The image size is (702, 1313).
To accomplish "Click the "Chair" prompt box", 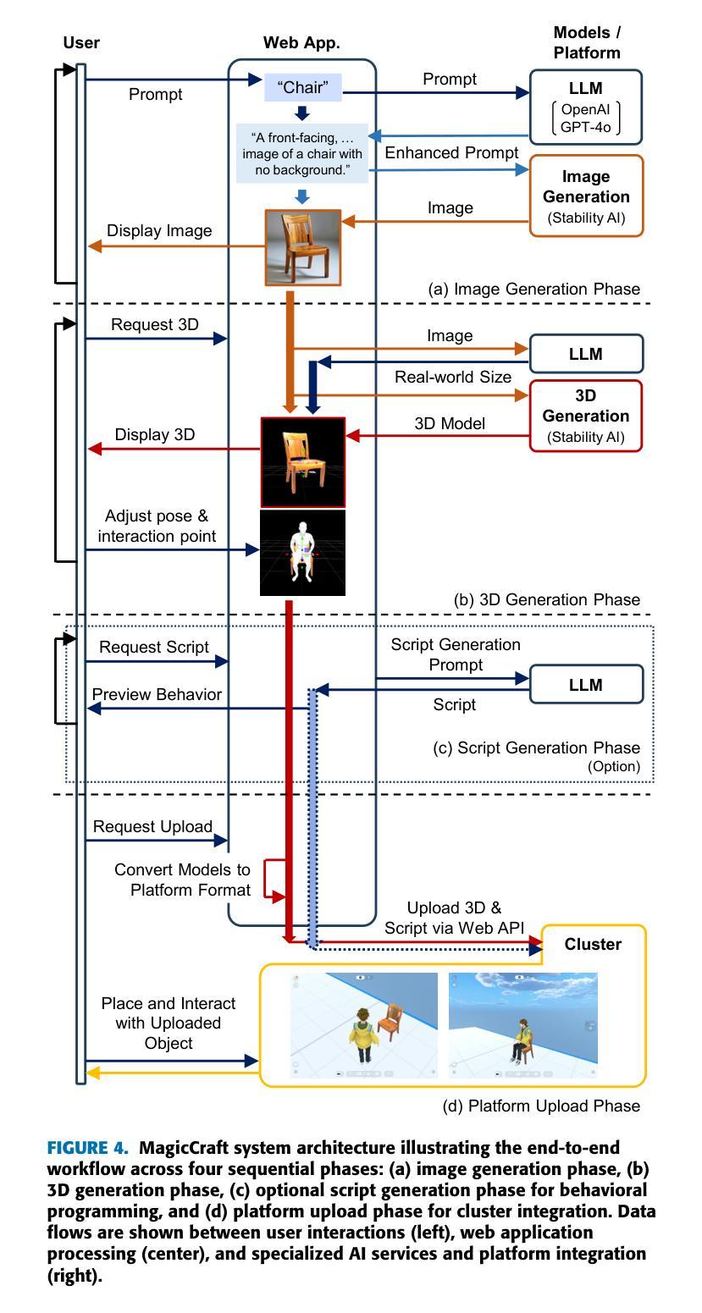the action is point(302,87).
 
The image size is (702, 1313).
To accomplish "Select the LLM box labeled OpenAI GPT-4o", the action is point(585,108).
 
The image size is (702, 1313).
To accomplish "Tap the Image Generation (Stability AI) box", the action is point(586,196).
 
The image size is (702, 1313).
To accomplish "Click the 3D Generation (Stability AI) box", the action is point(585,417).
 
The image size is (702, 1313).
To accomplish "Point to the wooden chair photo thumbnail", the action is point(302,247).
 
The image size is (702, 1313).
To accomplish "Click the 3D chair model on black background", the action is point(302,462).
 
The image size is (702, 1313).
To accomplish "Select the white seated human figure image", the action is point(302,553).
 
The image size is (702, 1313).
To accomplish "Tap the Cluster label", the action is point(593,944).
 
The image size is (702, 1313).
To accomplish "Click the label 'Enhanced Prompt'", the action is point(451,152).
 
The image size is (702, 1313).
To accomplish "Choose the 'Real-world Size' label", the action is point(453,377).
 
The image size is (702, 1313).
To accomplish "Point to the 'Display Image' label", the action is point(159,230).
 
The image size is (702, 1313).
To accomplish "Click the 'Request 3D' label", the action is point(155,324).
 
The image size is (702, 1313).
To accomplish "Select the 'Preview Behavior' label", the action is point(157,694).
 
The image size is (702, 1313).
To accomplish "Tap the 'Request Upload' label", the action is point(152,826).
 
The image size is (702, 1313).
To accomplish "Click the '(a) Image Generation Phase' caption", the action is point(533,289).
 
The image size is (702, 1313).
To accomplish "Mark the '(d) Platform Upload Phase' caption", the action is point(541,1106).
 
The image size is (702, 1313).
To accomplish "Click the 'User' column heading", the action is point(81,43).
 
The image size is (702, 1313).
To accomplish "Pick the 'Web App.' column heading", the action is point(301,43).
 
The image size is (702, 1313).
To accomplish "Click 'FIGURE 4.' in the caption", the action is point(87,1147).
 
